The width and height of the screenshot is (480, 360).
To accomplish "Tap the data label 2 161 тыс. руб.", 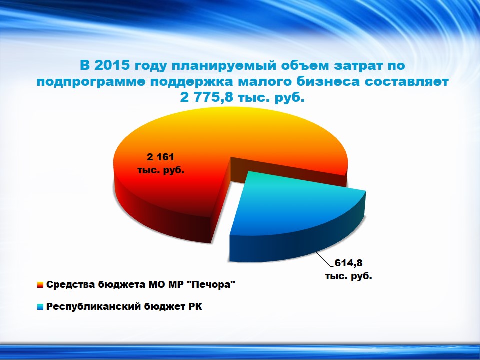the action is pyautogui.click(x=161, y=164).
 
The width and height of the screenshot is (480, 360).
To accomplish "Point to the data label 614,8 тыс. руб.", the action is pyautogui.click(x=348, y=269).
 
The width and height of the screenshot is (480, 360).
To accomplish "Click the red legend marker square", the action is pyautogui.click(x=40, y=285).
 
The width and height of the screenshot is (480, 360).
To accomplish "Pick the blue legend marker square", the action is pyautogui.click(x=40, y=306).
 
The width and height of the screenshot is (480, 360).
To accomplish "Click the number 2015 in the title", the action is pyautogui.click(x=112, y=65).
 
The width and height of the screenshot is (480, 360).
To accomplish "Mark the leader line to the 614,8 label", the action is pyautogui.click(x=324, y=259).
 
